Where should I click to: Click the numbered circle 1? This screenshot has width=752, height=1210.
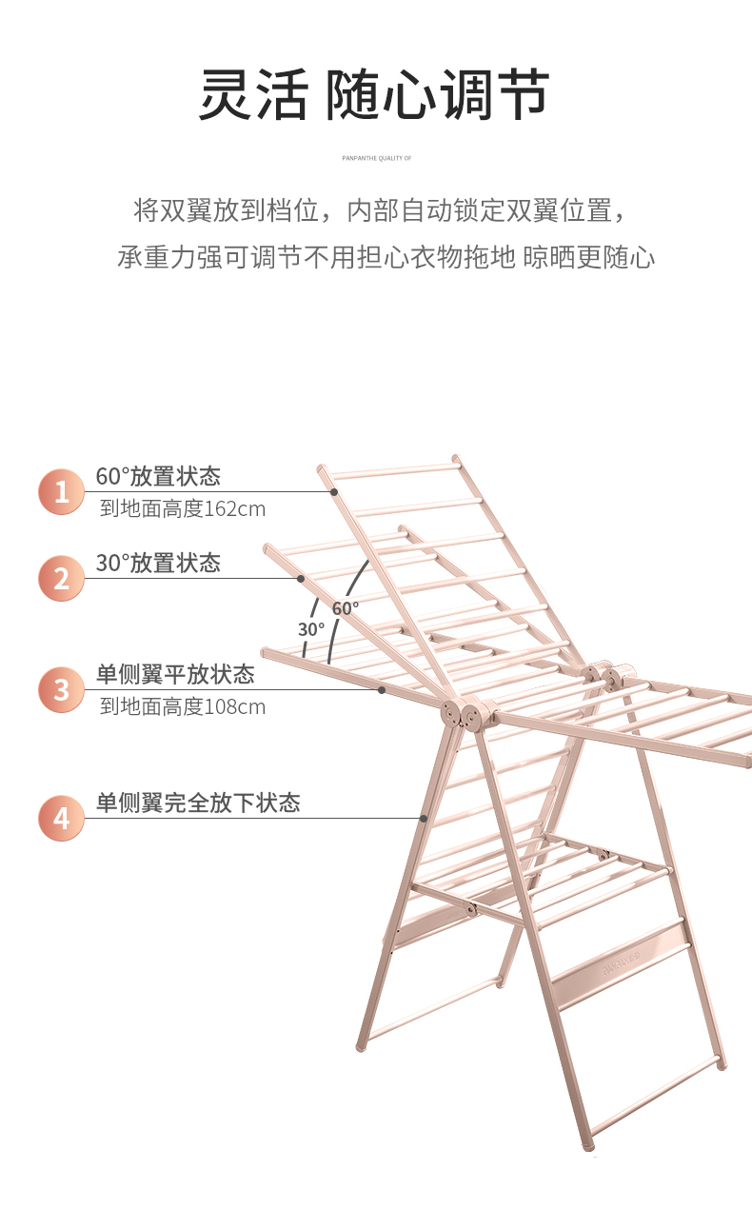62,492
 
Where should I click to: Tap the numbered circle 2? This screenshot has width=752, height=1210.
62,578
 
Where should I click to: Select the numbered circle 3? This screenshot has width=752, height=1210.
62,689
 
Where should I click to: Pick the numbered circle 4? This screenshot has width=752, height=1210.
62,818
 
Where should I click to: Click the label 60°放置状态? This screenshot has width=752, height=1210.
158,476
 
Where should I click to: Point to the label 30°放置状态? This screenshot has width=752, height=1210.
158,564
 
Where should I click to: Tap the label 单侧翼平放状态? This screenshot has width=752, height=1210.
175,675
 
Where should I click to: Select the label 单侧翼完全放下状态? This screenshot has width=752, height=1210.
198,803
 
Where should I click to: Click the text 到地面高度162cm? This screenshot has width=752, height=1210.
183,509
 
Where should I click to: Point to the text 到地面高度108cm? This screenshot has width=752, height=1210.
183,707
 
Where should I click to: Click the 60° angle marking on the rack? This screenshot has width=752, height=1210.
346,607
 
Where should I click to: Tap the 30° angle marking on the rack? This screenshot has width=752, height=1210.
311,629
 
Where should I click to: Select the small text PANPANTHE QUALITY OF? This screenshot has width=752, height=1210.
376,158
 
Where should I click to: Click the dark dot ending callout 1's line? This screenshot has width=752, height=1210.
335,492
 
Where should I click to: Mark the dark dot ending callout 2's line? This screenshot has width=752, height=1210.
301,578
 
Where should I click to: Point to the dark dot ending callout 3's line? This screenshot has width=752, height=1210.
381,689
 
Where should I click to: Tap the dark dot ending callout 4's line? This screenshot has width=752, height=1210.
423,818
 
